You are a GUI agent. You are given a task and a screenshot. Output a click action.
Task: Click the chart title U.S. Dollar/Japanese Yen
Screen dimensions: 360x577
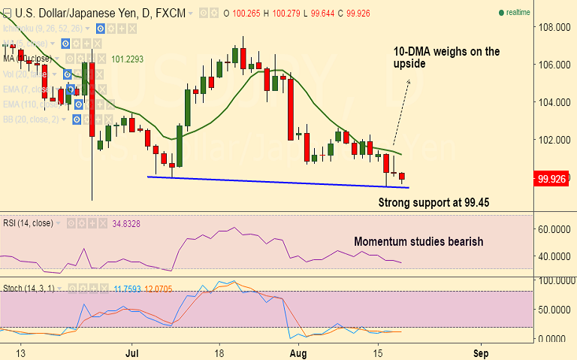76,13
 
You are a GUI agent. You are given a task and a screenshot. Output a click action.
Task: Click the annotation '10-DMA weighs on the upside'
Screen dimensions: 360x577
446,58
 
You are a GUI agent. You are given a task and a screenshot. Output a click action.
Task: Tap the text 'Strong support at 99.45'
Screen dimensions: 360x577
434,202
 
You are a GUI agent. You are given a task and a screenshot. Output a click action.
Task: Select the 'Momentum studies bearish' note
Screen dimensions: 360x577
418,241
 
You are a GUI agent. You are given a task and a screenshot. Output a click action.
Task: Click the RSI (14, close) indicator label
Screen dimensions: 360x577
27,222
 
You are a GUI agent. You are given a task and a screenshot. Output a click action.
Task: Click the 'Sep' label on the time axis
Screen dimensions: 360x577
482,352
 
